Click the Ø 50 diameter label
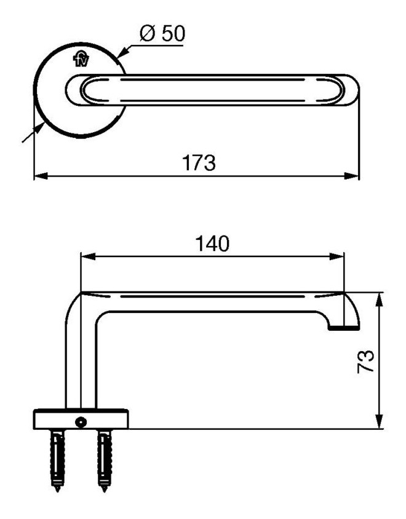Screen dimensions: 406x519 coord(162,33)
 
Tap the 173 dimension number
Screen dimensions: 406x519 coord(199,162)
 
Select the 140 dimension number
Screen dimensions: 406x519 coord(212,244)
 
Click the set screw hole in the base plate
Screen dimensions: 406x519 coord(81,422)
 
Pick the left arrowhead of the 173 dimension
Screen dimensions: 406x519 coord(41,176)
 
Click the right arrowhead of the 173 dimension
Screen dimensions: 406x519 coord(352,176)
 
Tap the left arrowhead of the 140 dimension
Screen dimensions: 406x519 coord(88,256)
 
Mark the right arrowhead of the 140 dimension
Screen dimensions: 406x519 coord(336,256)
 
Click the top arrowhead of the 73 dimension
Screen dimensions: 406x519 coord(380,300)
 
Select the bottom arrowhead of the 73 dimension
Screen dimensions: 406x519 coord(380,421)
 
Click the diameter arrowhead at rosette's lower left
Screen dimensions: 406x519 coord(39,128)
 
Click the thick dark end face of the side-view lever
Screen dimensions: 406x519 coord(343,328)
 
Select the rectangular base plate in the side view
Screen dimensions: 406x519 coord(81,419)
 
